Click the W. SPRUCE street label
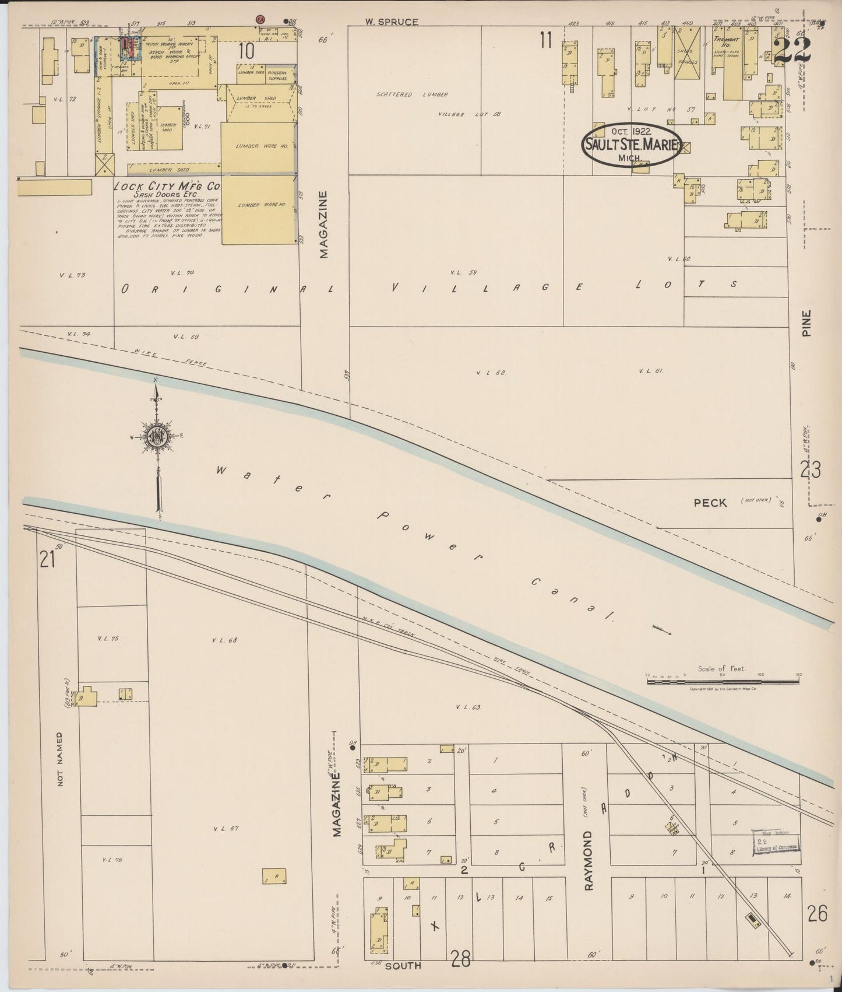point(392,22)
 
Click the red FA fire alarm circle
point(261,20)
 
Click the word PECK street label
point(710,503)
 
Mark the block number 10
point(245,51)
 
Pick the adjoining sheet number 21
point(47,560)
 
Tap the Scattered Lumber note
point(411,94)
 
